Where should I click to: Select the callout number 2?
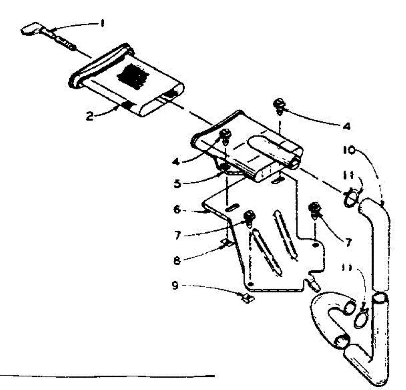tap(89, 117)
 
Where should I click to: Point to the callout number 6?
tap(177, 210)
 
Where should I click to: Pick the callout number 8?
tap(177, 260)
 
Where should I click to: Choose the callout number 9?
tap(175, 286)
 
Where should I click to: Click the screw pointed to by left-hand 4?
tap(225, 136)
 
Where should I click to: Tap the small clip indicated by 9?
tap(248, 298)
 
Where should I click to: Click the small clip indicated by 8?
tap(227, 242)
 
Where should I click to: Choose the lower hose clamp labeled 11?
tap(361, 318)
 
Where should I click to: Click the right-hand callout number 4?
tap(346, 126)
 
